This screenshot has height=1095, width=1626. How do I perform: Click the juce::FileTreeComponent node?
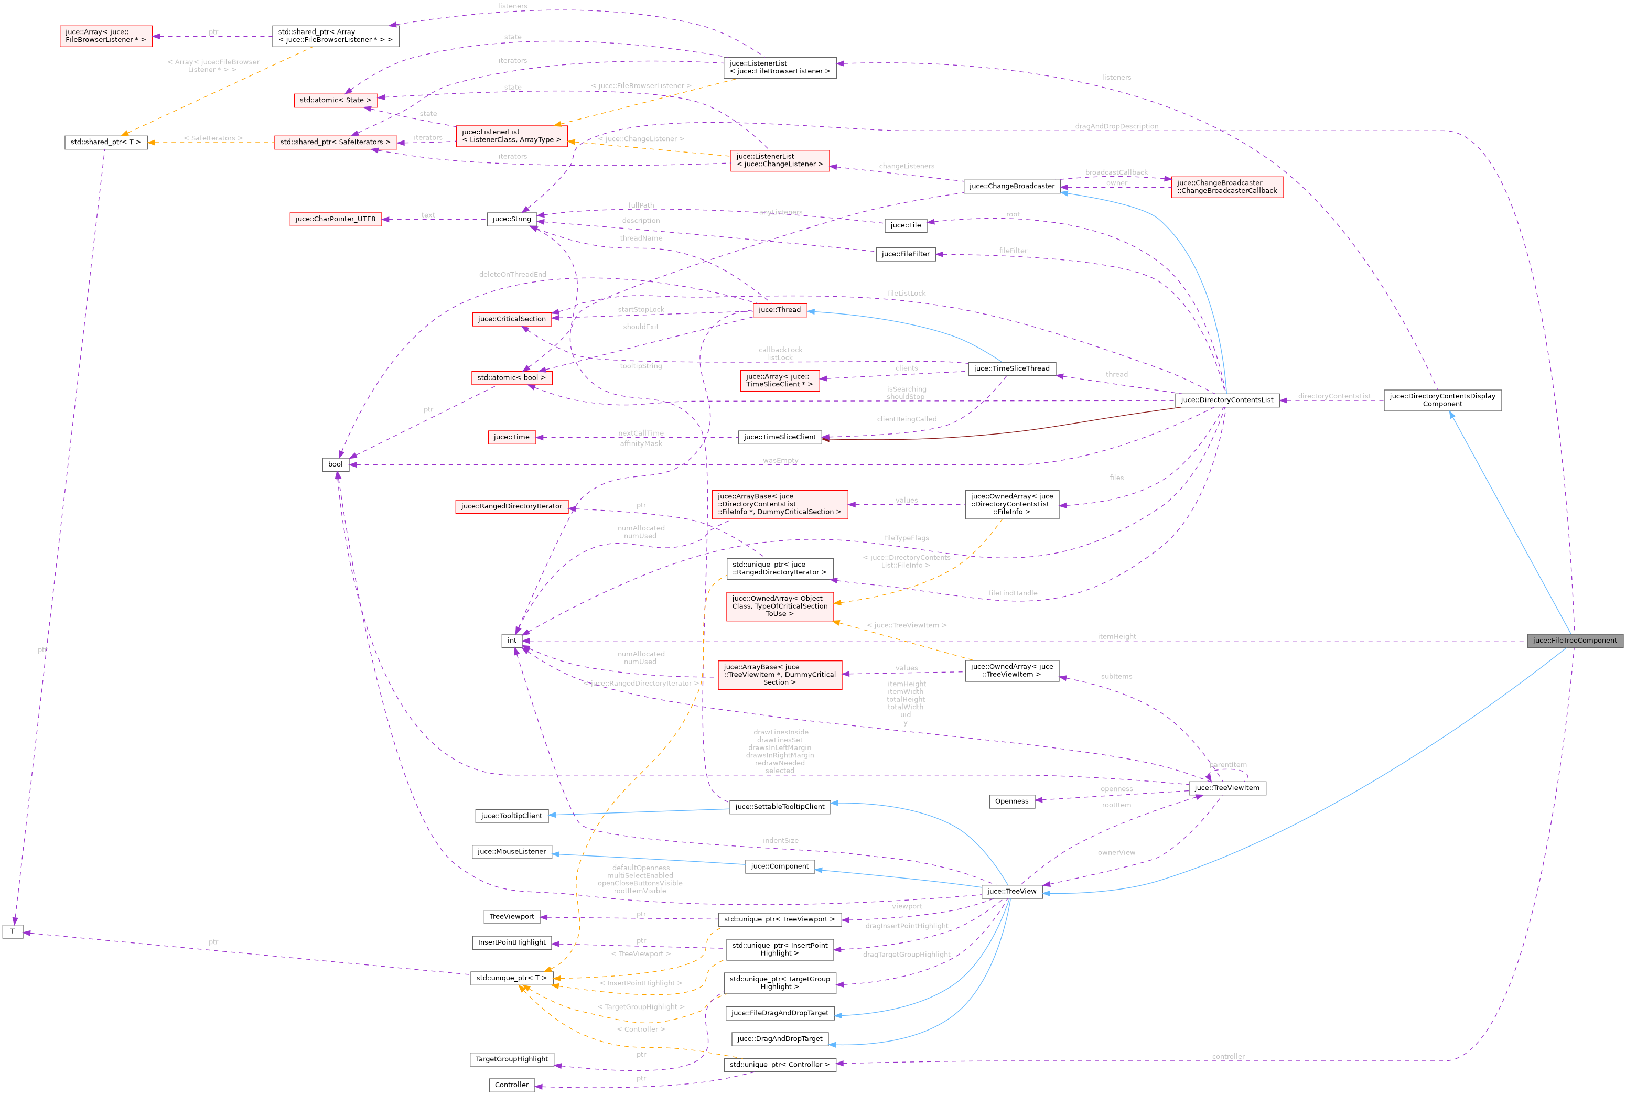[1574, 641]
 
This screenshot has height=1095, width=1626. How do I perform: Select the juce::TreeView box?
[1011, 891]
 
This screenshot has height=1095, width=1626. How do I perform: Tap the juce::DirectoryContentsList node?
[1227, 400]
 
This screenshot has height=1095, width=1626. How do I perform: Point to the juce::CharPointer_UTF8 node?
[335, 219]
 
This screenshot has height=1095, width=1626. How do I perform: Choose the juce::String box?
[511, 219]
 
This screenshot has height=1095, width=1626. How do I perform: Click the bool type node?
[335, 464]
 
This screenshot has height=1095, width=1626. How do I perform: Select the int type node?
[511, 641]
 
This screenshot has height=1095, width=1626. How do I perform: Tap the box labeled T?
[13, 931]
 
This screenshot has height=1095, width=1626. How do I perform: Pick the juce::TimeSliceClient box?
[780, 437]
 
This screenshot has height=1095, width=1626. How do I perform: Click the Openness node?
[1011, 801]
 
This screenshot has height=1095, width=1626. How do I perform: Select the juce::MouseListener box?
[511, 852]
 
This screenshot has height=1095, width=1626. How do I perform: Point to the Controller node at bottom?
[511, 1085]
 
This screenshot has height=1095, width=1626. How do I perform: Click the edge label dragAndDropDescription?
[1116, 126]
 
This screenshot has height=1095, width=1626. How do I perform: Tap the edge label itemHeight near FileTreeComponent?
[1116, 636]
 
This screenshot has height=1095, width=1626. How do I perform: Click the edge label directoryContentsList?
[1333, 396]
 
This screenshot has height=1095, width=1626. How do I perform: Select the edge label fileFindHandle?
[1013, 593]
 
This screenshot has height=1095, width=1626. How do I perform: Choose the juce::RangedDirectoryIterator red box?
[511, 506]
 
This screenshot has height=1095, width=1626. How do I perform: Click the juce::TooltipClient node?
[511, 816]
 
